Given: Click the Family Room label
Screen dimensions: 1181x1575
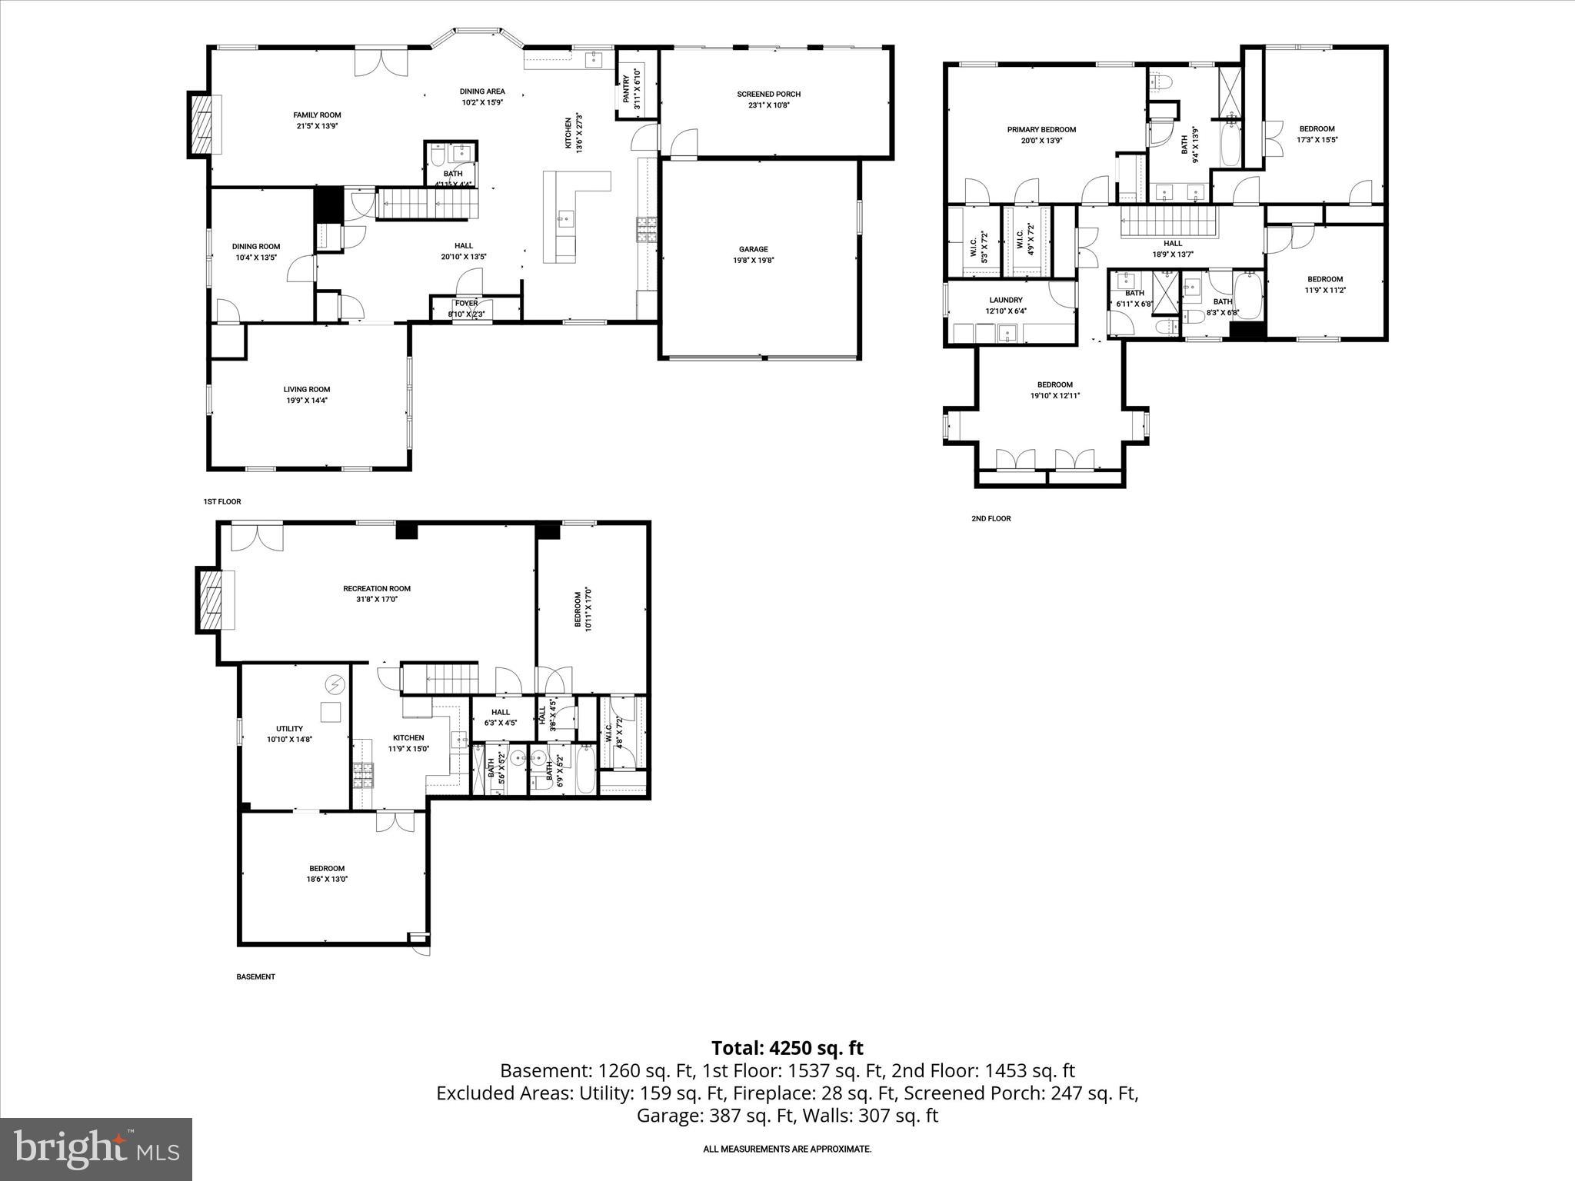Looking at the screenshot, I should click(x=317, y=115).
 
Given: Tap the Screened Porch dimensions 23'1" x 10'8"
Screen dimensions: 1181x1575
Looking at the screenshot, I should click(x=768, y=105).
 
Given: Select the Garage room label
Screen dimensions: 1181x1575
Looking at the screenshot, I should click(x=753, y=249).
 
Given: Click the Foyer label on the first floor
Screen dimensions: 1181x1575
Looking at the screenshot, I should click(x=466, y=303).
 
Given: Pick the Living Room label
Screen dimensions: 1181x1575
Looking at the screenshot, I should click(x=306, y=389).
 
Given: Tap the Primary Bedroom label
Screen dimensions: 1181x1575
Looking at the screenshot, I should click(x=1041, y=130).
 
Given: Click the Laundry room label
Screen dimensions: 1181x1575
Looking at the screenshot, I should click(x=1005, y=300).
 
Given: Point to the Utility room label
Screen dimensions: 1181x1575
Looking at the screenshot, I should click(x=289, y=729).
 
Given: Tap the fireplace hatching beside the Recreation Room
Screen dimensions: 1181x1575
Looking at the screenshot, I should click(x=208, y=600).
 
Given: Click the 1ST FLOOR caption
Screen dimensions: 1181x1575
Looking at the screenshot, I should click(x=222, y=501).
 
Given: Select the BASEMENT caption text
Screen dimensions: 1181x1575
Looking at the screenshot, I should click(x=255, y=976).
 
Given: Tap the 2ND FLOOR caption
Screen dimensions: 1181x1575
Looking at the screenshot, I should click(x=991, y=518).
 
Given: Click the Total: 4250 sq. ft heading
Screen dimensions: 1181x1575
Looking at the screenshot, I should click(x=787, y=1048).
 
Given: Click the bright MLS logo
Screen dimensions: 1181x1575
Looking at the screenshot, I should click(x=96, y=1149).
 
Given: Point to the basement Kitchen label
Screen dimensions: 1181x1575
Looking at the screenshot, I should click(x=408, y=738).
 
